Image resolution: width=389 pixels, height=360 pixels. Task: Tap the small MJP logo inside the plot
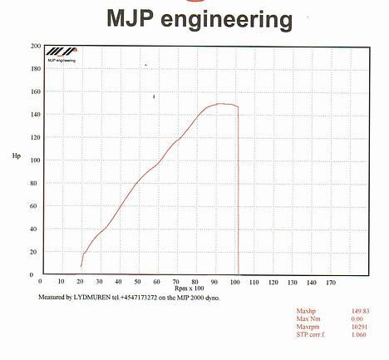61,56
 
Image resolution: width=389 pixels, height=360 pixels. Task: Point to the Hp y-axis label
17,155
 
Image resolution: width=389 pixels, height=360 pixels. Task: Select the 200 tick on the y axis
36,46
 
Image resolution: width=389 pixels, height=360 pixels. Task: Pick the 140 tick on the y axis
36,114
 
